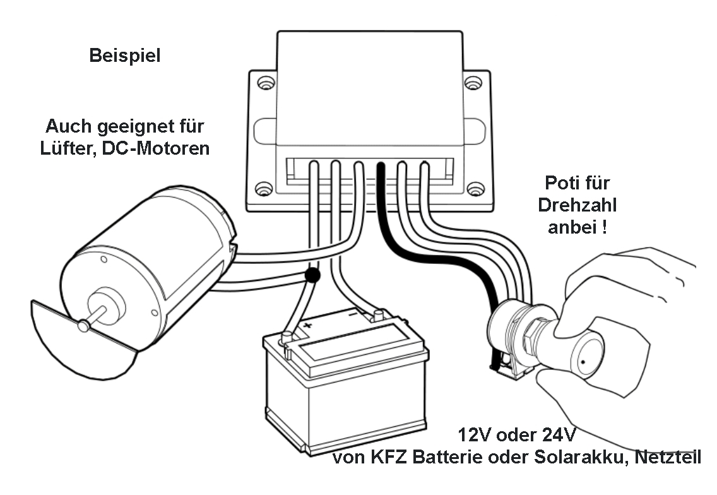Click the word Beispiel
click(125, 56)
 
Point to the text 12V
click(477, 436)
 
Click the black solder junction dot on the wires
click(311, 275)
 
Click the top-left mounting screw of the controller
click(264, 83)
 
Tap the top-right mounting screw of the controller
click(475, 83)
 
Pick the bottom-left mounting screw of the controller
click(264, 189)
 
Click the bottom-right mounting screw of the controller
click(475, 189)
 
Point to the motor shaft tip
click(82, 326)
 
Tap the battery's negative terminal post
click(379, 314)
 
